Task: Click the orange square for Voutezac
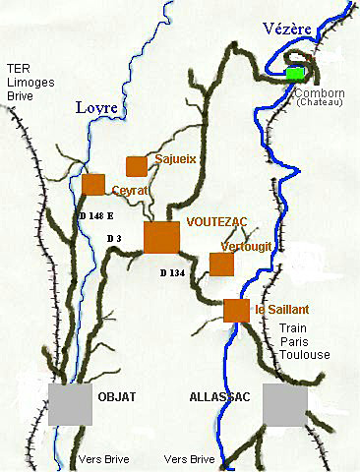[161, 238]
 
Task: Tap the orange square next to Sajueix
[136, 166]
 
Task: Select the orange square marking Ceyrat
[93, 184]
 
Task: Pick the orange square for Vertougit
[221, 264]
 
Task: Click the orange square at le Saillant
[236, 310]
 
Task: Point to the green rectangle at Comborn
[295, 74]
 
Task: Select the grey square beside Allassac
[285, 404]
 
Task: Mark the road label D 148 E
[95, 214]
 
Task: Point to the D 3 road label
[113, 239]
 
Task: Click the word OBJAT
[117, 396]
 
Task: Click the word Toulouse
[304, 355]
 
